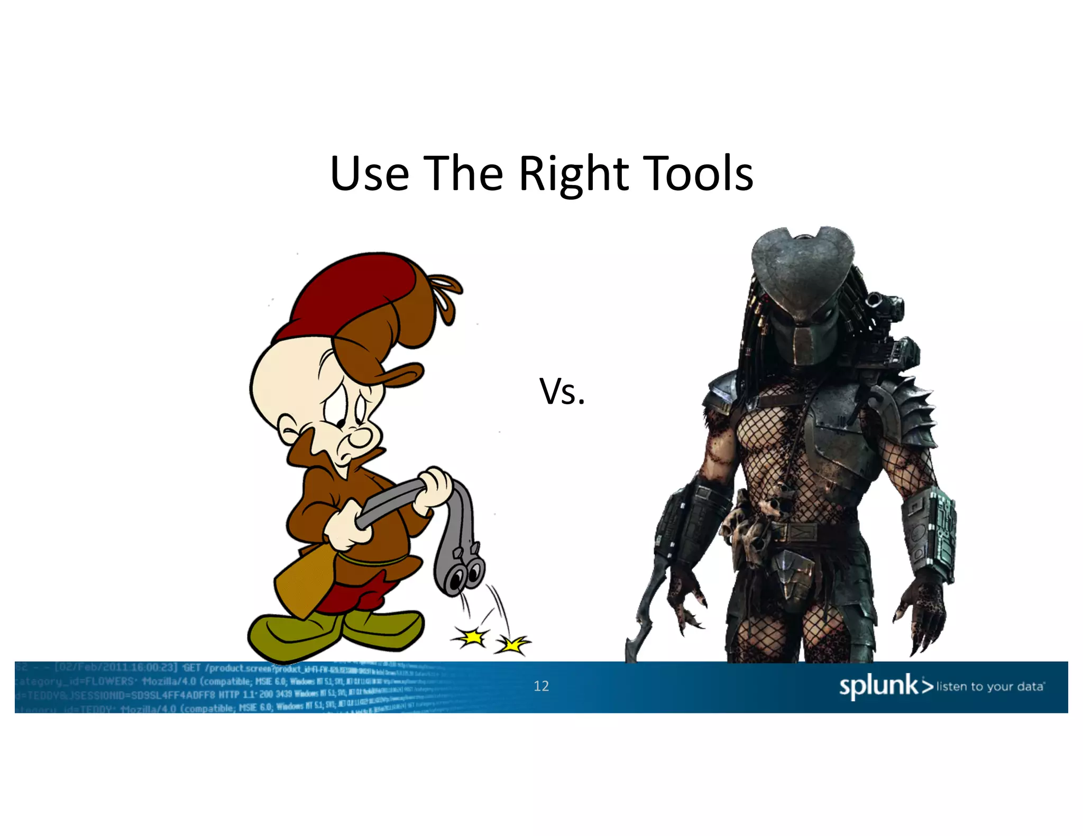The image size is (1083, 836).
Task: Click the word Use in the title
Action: point(369,174)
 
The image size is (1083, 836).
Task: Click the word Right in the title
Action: point(573,174)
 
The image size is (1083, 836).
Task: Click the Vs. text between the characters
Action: point(562,392)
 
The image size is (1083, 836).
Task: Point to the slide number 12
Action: point(541,686)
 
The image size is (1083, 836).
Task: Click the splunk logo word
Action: point(879,685)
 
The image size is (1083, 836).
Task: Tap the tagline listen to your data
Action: point(990,686)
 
